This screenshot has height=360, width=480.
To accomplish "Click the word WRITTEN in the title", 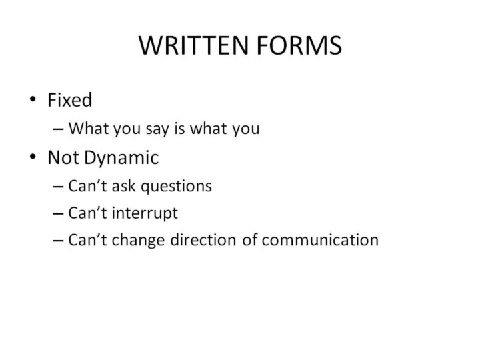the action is [193, 45].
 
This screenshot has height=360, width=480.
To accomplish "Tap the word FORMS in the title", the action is [299, 45].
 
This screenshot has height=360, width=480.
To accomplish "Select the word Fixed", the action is [70, 100].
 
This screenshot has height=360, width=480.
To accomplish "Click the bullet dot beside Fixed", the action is [33, 99].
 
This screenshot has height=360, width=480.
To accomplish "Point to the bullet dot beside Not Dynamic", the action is [33, 157].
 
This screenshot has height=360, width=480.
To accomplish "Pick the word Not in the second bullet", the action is [63, 157].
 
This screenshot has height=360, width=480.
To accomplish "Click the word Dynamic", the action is [121, 158].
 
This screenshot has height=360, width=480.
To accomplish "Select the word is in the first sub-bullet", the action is [180, 128].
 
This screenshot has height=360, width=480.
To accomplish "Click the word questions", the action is [176, 187].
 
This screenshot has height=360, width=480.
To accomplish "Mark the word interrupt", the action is [145, 213].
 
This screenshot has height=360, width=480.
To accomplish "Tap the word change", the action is [138, 241].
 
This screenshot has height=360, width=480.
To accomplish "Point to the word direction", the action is [203, 240].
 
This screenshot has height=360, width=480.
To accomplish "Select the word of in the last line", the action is [249, 240].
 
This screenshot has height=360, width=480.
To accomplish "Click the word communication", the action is [320, 240].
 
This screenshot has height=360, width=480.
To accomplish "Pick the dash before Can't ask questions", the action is [58, 186].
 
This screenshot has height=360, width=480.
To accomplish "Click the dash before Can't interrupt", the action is [58, 213].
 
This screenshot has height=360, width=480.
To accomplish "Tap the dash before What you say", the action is [58, 129].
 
